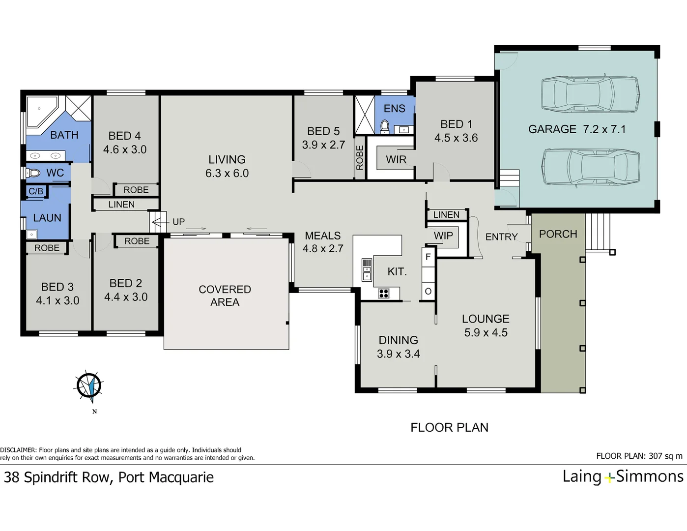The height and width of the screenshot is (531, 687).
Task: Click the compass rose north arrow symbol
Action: point(89,385)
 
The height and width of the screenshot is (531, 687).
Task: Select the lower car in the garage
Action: point(590,167)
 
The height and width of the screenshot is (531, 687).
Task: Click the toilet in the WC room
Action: point(33,173)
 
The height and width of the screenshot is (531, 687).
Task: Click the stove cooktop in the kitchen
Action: point(383,294)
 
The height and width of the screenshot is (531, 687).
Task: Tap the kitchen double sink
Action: point(367,270)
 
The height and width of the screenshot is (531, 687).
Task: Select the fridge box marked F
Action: point(428,257)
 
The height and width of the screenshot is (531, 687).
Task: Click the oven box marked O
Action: point(428,292)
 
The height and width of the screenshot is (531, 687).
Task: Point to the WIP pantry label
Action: point(443,236)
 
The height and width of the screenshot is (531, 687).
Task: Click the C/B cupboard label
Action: point(36,191)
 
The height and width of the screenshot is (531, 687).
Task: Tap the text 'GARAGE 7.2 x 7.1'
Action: point(577,129)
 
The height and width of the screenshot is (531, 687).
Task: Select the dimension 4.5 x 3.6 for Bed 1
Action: point(456,138)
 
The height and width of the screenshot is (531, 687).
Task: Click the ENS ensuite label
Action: point(395,109)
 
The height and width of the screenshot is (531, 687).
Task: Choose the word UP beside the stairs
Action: point(178,222)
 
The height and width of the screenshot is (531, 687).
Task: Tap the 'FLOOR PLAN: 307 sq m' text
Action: point(639,456)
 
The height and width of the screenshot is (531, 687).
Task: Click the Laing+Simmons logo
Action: point(623,476)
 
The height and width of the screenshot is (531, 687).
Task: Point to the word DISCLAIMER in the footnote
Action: point(18,450)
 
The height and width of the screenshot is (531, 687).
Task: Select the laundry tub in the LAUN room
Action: point(31,235)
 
